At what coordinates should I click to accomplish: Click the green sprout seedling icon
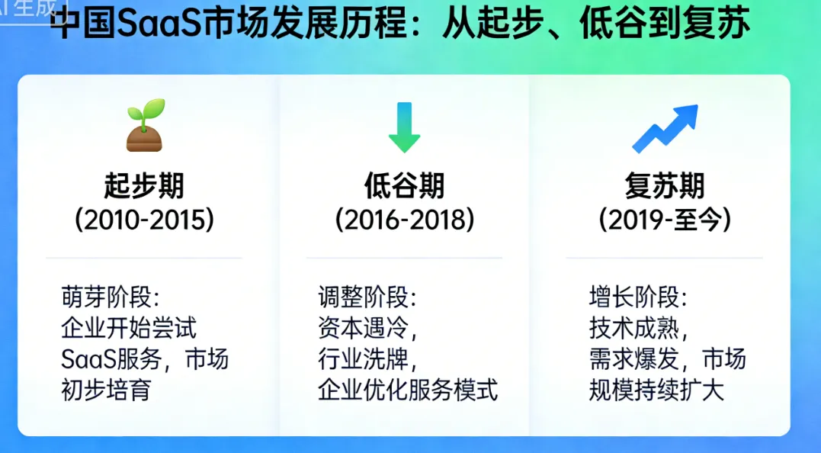pos(145,126)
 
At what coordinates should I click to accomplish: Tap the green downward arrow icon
pos(404,127)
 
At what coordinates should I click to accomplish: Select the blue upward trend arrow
pos(665,128)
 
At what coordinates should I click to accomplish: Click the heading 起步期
pos(144,185)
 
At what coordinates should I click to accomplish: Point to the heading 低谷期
pos(404,185)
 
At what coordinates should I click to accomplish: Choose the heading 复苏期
pos(665,185)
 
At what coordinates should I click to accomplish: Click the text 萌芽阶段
pos(106,297)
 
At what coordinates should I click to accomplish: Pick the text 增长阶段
pos(634,297)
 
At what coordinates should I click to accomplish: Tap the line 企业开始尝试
pos(128,328)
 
